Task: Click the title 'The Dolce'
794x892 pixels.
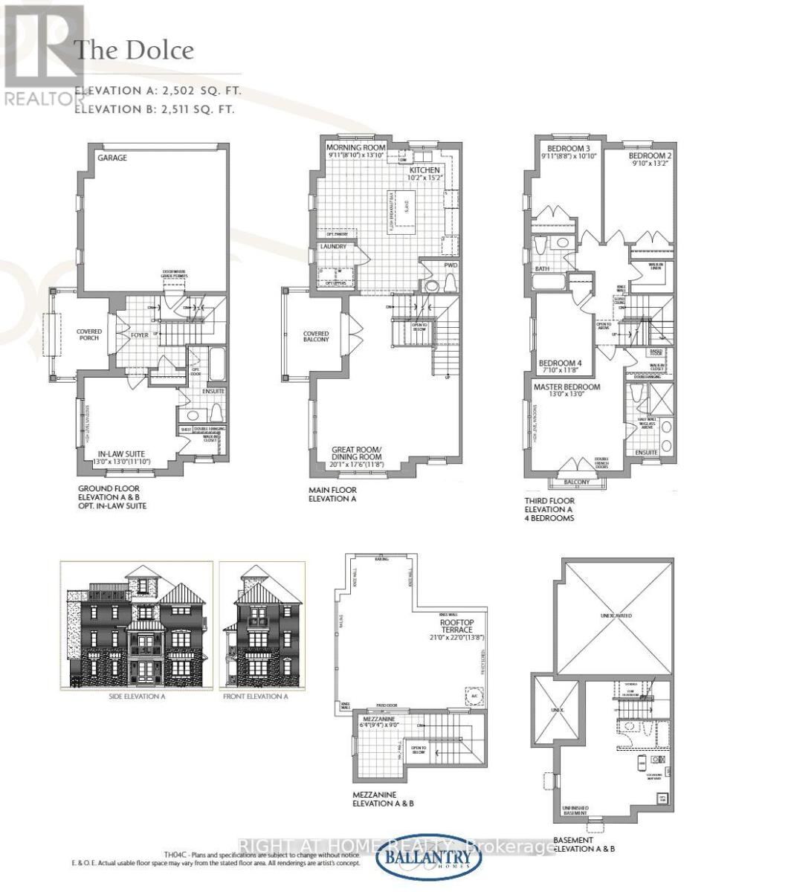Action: tap(135, 51)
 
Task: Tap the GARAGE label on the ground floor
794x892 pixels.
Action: tap(112, 158)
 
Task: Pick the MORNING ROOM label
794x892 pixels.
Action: tap(356, 148)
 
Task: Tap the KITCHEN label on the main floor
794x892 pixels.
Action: tap(425, 169)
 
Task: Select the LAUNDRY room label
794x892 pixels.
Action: tap(334, 247)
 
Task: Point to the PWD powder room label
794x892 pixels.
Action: tap(451, 265)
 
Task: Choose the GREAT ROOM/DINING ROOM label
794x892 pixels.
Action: tap(357, 453)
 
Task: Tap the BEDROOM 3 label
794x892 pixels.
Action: tap(560, 148)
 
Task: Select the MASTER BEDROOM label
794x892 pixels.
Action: tap(567, 387)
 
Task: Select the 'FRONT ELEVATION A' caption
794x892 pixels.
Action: tap(255, 697)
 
